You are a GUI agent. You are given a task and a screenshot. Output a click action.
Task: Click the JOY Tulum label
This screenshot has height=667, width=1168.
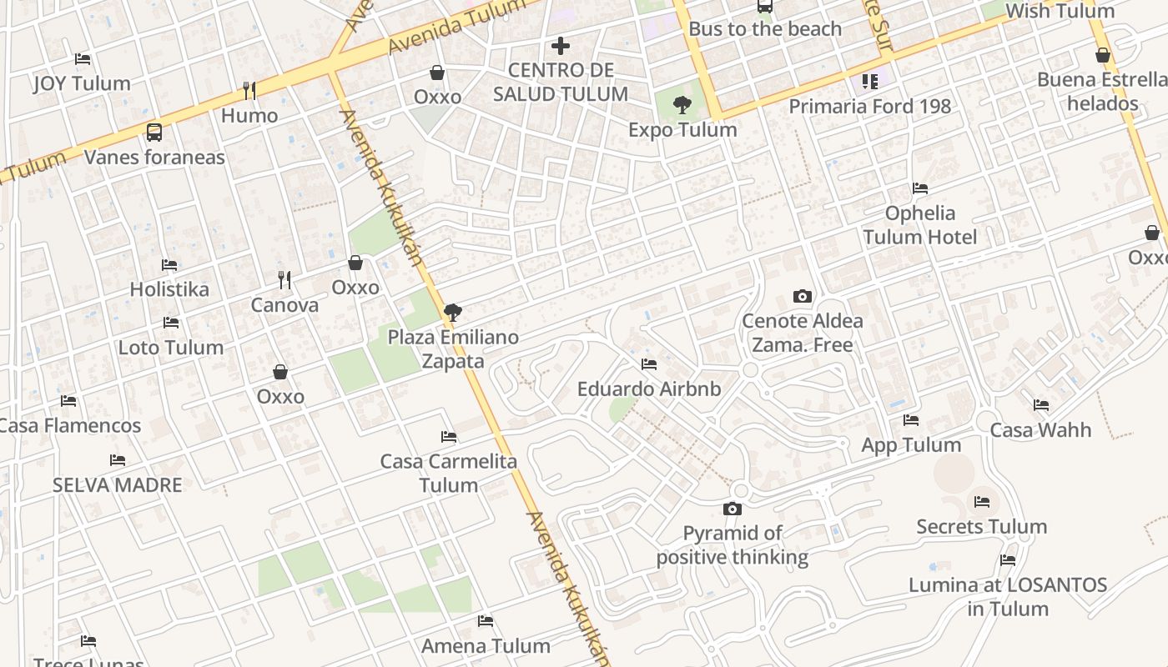(82, 83)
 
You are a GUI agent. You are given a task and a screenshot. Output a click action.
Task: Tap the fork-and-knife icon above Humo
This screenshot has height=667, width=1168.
(249, 90)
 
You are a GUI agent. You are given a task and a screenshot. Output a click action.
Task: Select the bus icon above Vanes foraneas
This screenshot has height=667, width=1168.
(154, 132)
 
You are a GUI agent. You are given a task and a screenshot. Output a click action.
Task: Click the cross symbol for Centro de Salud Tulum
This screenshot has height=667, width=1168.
(561, 46)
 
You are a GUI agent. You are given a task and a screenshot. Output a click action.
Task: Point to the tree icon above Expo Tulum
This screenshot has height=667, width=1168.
(682, 105)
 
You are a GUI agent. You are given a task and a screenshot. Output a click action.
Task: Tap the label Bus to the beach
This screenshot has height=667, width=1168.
(765, 29)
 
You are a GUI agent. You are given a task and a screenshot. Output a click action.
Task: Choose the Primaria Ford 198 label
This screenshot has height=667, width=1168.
(869, 107)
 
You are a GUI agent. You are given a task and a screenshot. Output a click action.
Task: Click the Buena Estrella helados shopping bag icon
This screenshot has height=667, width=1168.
(1103, 56)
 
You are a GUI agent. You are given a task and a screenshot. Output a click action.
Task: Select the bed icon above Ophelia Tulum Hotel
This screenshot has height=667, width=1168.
(920, 188)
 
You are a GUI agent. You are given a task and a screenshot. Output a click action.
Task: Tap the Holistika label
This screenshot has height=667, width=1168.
(169, 290)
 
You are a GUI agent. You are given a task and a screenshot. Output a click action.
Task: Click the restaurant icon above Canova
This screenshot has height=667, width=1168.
(284, 280)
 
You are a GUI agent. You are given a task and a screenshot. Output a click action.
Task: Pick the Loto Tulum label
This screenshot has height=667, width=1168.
(171, 348)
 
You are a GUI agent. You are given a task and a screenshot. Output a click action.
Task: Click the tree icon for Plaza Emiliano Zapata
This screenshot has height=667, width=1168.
(453, 313)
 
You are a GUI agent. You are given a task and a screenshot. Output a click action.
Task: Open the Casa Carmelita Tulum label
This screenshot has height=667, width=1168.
(449, 473)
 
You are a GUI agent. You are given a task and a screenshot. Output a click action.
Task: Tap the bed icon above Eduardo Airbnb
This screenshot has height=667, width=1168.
(649, 364)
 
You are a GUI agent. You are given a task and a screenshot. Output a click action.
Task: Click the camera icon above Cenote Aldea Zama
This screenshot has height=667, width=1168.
(803, 296)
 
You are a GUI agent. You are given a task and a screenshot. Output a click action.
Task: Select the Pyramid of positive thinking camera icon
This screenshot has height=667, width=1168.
(733, 509)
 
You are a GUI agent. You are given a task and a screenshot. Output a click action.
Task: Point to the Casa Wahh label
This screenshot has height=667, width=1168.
(1040, 430)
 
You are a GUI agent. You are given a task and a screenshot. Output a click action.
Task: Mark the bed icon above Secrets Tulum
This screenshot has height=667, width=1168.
(982, 502)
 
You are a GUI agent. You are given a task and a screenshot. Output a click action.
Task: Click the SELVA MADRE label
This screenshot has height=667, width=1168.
(117, 485)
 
